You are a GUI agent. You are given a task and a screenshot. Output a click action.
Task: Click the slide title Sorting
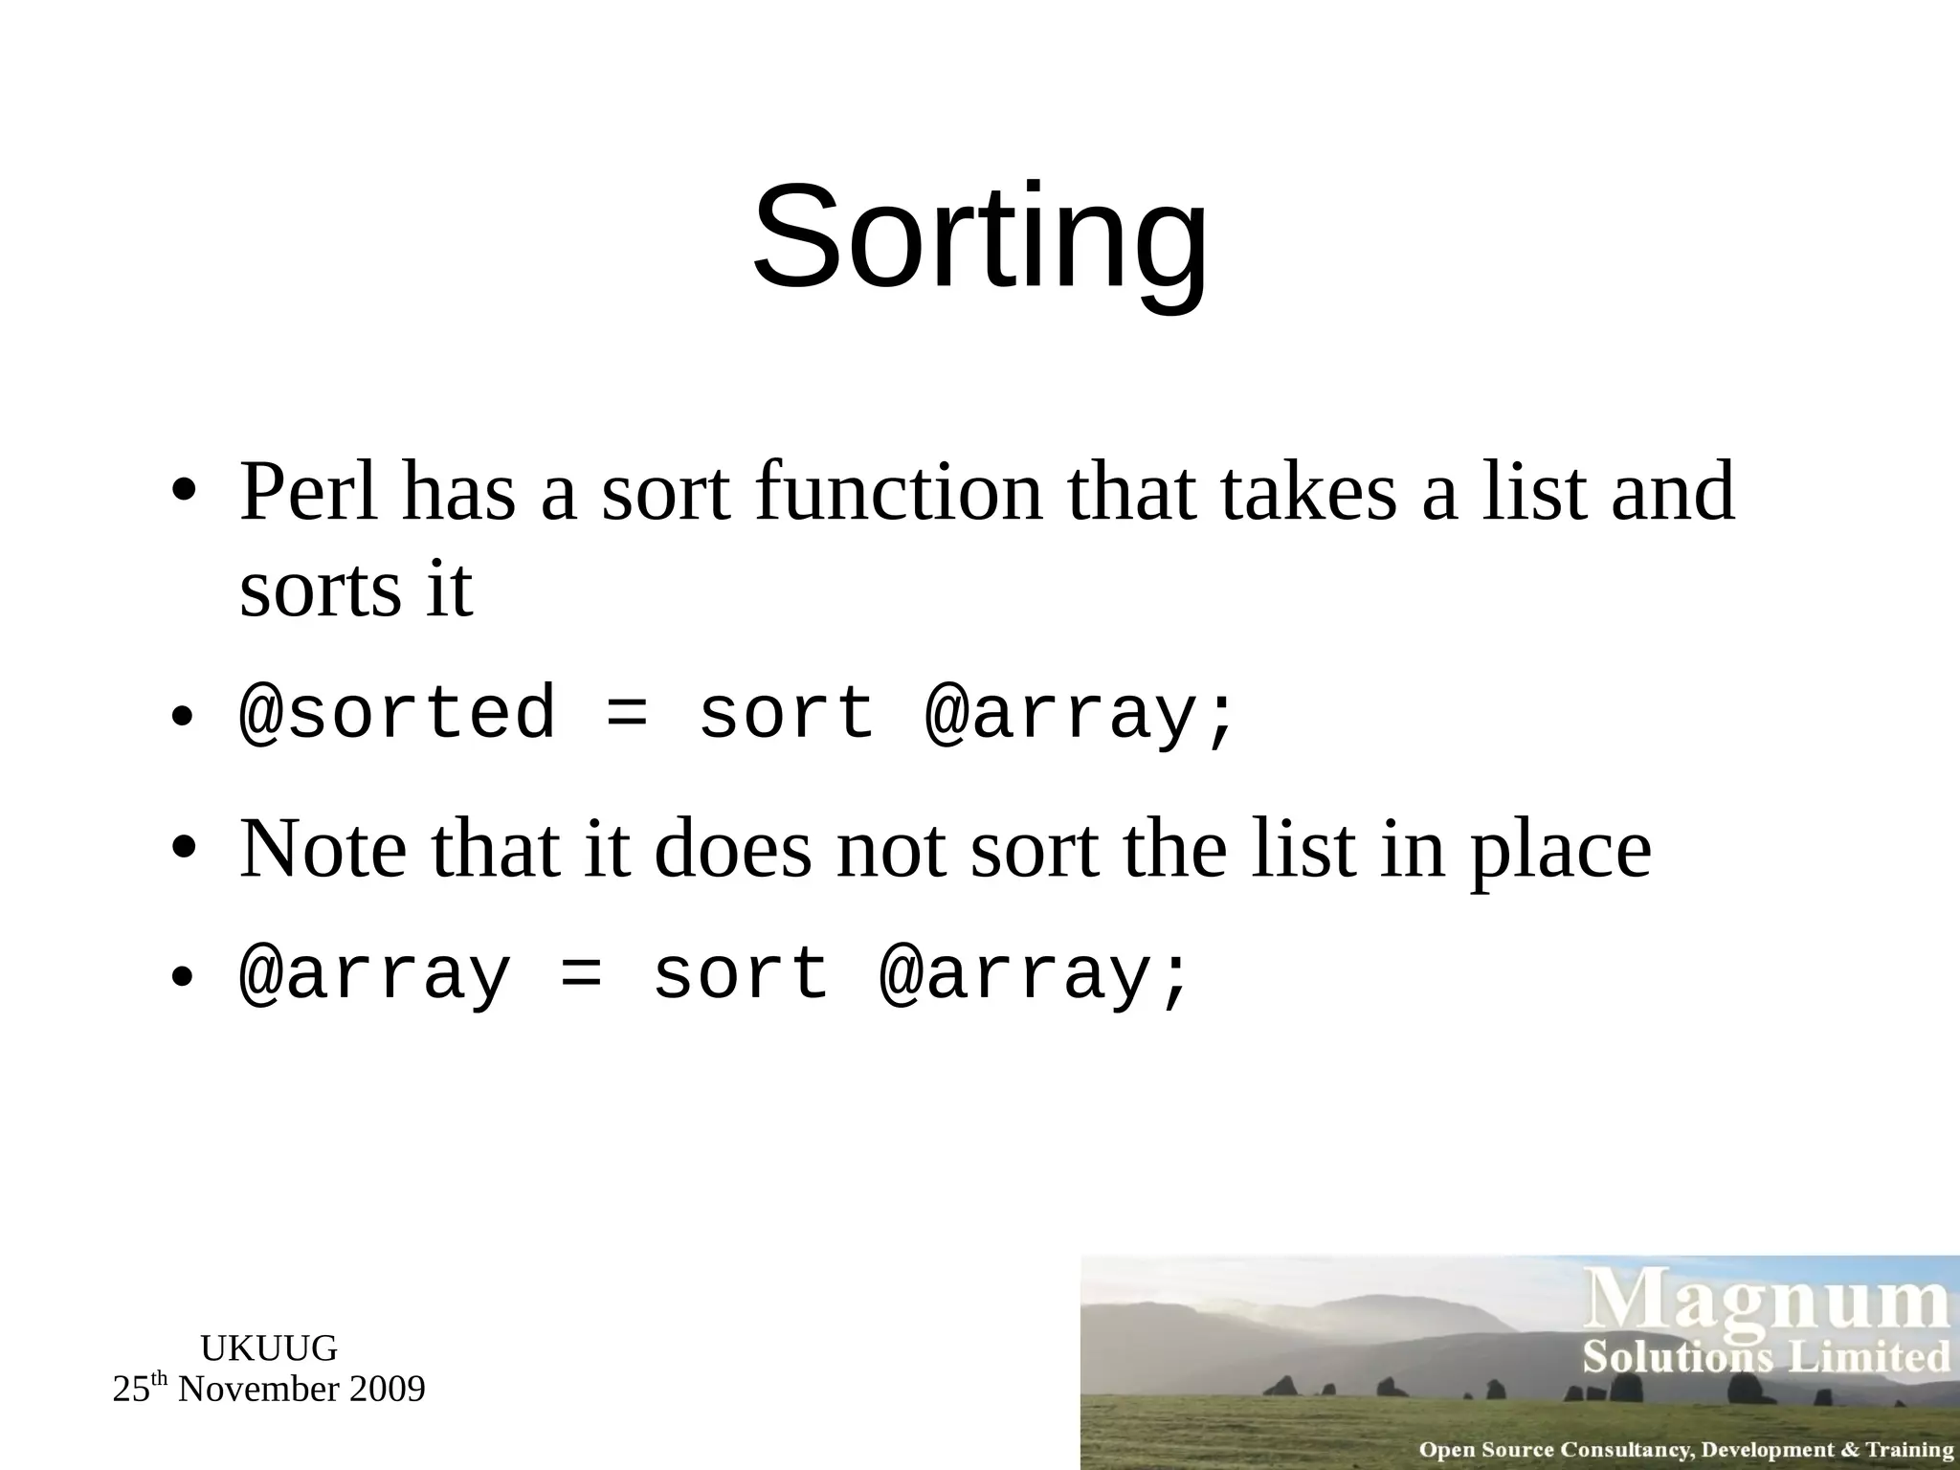coord(980,237)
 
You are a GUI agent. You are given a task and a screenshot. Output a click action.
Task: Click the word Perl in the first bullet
coord(308,492)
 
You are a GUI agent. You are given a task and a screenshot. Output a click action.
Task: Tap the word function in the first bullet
coord(898,492)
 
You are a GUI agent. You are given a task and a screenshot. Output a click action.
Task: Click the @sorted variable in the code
coord(397,713)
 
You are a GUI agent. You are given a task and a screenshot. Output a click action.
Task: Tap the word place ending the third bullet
coord(1560,850)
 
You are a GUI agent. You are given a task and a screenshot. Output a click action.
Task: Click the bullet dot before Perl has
coord(184,492)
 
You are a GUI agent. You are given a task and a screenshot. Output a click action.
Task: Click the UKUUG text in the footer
coord(269,1348)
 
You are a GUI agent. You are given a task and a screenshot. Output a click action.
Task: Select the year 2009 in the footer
coord(387,1389)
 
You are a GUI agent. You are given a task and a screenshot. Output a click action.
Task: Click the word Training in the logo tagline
coord(1909,1449)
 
